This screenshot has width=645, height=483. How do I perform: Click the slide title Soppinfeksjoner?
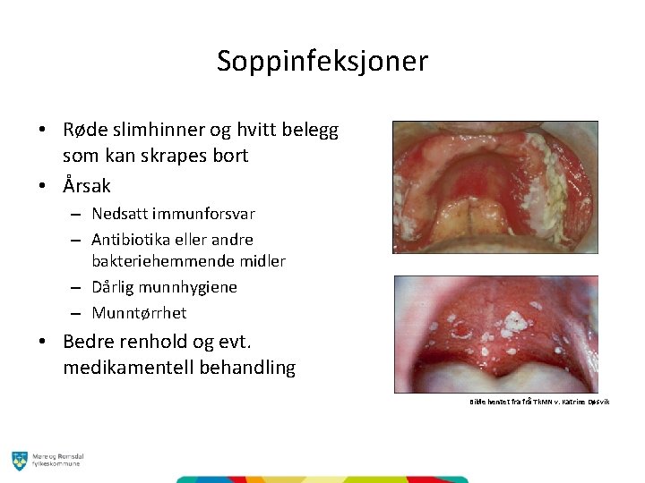[x=322, y=61]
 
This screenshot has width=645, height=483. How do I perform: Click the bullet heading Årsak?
[x=87, y=186]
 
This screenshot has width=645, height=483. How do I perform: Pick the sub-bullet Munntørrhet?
[x=139, y=313]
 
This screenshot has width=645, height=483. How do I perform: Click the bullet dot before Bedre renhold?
[x=43, y=343]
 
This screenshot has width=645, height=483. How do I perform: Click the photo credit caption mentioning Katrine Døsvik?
[x=539, y=402]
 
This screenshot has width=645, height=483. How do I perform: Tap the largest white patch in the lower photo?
[x=514, y=319]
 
